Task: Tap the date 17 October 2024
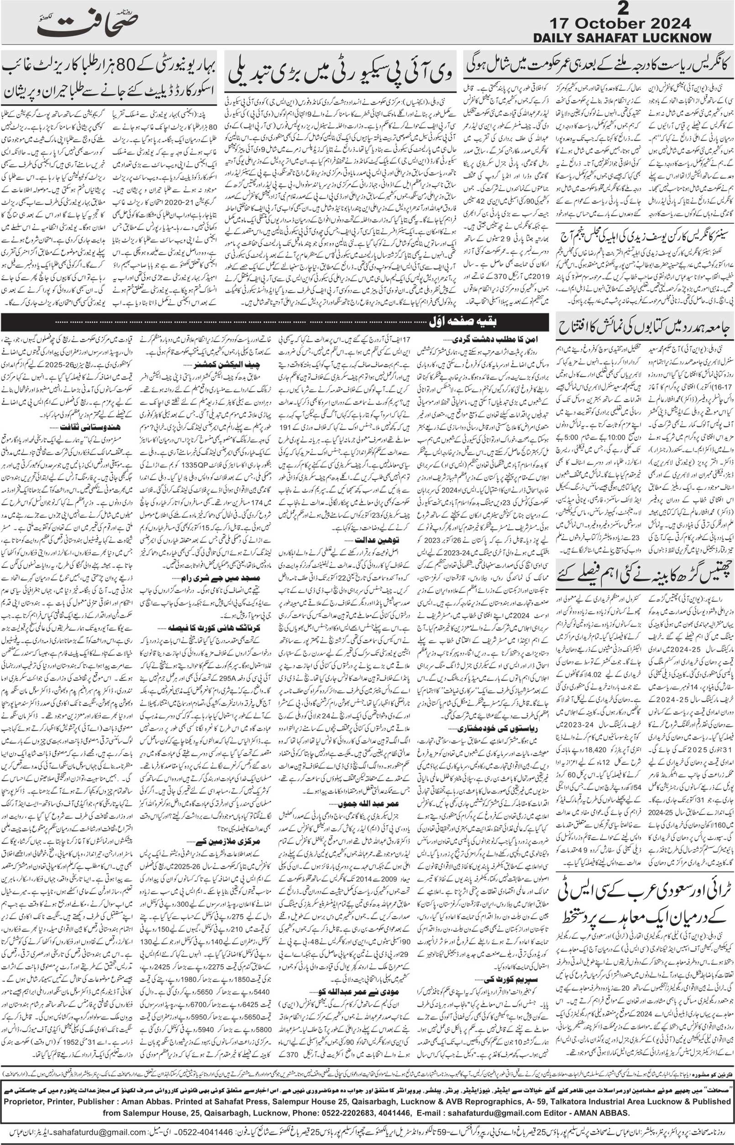(620, 23)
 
